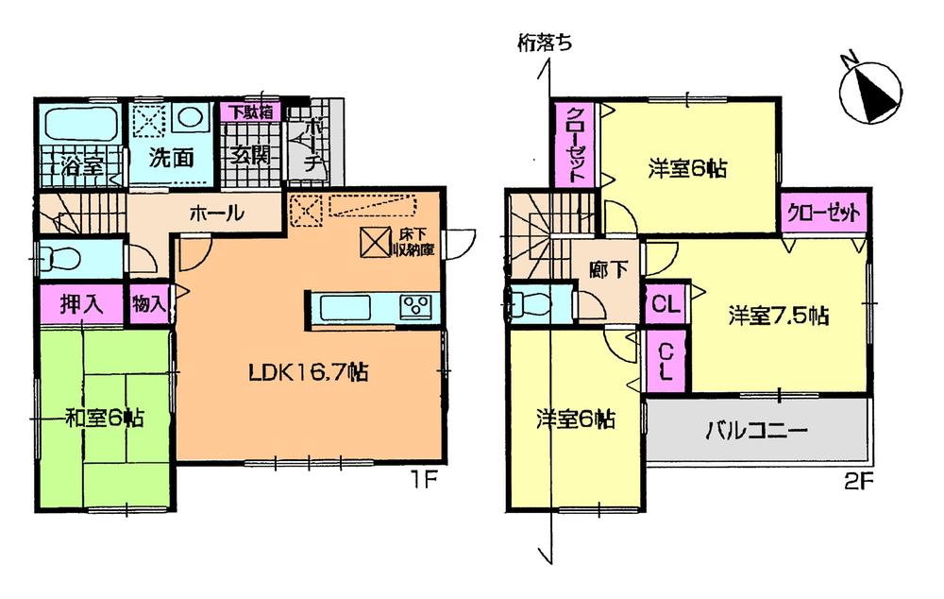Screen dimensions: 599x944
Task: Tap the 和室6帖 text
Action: pos(104,417)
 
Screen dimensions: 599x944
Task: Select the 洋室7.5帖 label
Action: pos(778,316)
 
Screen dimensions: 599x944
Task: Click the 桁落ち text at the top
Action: pos(545,42)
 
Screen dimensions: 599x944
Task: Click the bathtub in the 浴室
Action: pos(79,124)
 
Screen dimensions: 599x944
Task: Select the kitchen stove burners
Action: pos(415,307)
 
